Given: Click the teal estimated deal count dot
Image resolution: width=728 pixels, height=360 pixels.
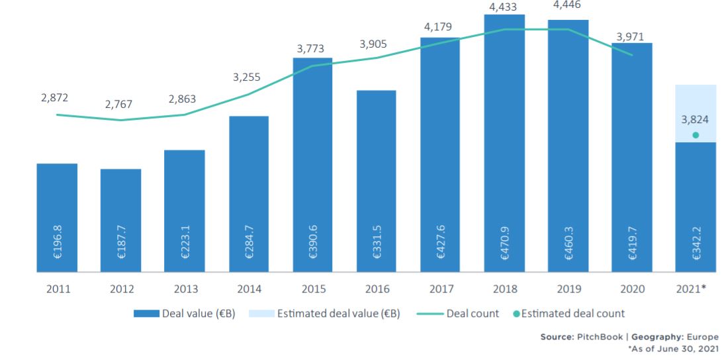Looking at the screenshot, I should pyautogui.click(x=696, y=135).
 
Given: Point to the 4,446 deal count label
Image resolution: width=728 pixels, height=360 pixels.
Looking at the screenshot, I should pyautogui.click(x=567, y=5).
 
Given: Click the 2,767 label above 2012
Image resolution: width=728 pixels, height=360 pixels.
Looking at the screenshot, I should pyautogui.click(x=119, y=105).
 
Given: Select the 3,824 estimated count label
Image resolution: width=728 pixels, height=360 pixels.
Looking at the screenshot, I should pyautogui.click(x=695, y=120).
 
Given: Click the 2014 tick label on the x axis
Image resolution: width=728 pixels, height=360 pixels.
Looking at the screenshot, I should pyautogui.click(x=249, y=289).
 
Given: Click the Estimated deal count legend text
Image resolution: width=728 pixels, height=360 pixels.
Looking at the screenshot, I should pyautogui.click(x=572, y=314).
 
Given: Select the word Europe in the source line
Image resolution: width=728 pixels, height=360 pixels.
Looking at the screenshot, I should pyautogui.click(x=702, y=337).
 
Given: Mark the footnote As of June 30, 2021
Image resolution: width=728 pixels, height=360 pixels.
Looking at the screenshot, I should pyautogui.click(x=672, y=349).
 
